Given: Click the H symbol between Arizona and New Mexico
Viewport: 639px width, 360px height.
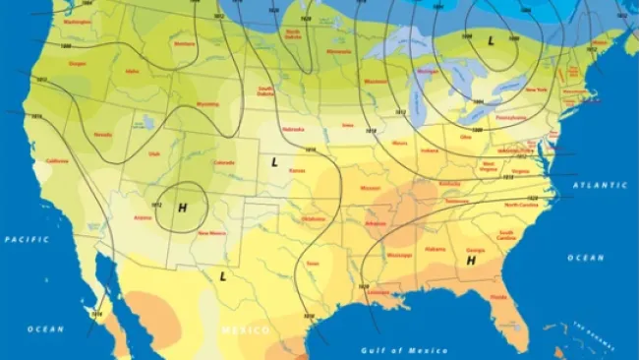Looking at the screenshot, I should (182, 208).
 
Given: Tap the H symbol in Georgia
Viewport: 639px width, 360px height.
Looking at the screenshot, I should (471, 261).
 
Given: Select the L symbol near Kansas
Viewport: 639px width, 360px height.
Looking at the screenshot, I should (274, 160).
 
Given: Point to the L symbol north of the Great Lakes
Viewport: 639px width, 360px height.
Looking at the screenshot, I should (492, 40).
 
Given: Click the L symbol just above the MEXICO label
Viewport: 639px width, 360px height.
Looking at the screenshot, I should (223, 276).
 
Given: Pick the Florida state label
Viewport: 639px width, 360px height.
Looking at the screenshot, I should (499, 296).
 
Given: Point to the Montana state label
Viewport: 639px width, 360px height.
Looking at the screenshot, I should (183, 43).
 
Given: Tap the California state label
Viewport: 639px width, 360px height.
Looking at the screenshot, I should (57, 161).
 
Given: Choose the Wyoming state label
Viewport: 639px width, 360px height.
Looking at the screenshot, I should (207, 103).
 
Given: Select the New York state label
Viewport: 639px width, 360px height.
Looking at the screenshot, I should (535, 89).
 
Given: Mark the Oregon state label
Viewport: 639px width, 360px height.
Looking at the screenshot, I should (78, 64).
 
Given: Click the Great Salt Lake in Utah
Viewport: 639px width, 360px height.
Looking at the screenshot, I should (147, 123).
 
